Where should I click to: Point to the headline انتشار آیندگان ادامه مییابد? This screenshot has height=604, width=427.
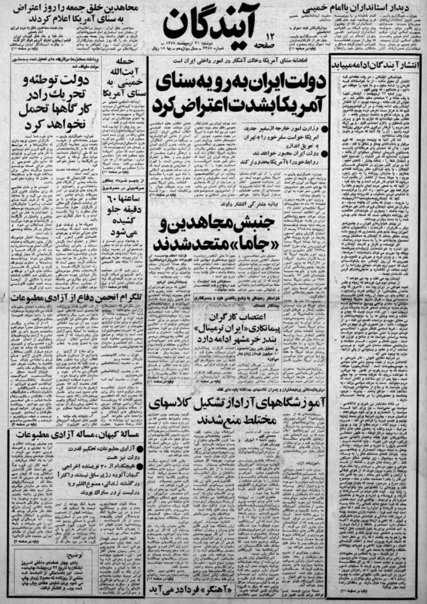(x=378, y=66)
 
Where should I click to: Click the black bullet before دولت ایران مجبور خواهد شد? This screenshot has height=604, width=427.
(x=325, y=153)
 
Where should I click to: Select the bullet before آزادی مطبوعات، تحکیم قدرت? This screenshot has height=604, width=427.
(x=139, y=446)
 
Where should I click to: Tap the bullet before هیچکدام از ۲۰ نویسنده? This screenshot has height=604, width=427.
(x=139, y=465)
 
